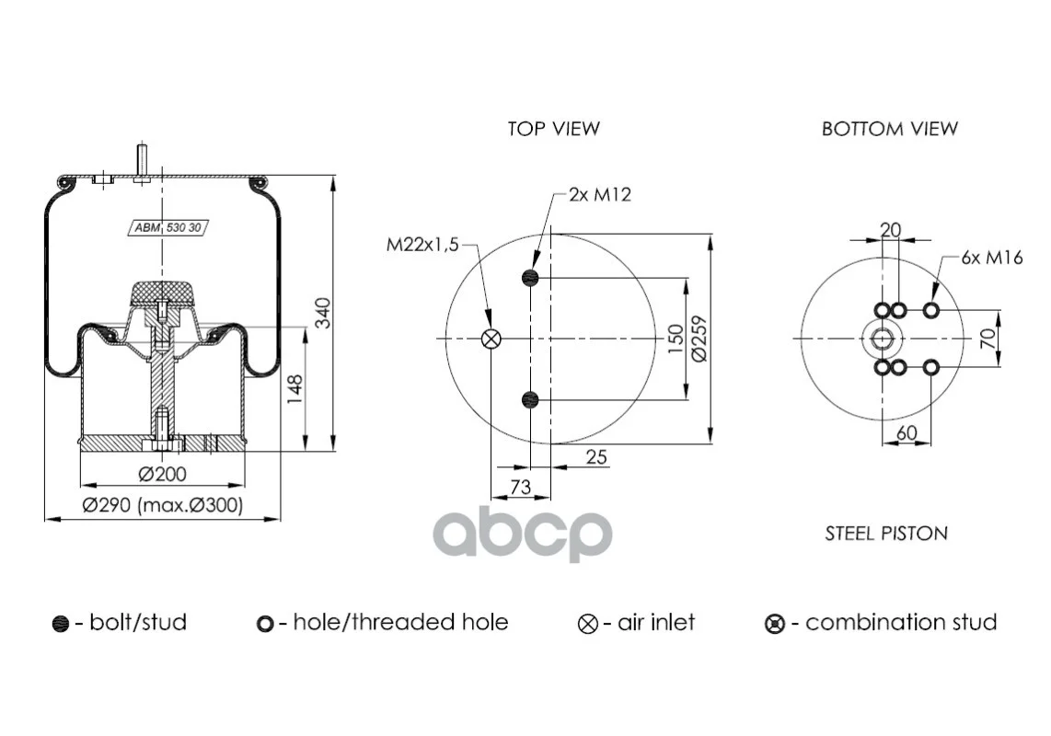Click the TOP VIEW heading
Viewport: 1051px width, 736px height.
click(554, 128)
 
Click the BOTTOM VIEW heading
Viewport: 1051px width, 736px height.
click(889, 128)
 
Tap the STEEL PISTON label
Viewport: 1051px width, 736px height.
click(886, 533)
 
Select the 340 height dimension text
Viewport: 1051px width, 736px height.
click(323, 313)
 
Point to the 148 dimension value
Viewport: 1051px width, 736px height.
click(295, 389)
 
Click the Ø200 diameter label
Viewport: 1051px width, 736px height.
click(162, 474)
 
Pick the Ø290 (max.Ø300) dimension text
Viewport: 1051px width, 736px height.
click(162, 505)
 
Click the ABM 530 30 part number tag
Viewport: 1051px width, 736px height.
click(167, 228)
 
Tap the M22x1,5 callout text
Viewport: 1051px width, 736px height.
click(422, 245)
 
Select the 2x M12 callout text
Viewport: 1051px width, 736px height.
click(600, 194)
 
